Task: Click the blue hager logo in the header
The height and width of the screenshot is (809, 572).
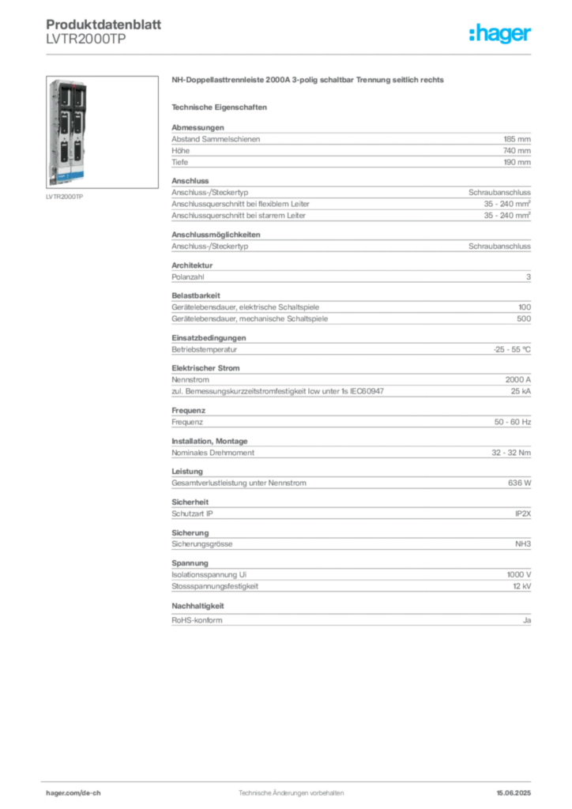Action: click(501, 34)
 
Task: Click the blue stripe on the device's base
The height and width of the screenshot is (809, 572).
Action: click(65, 172)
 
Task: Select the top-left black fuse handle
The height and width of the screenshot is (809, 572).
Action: click(58, 99)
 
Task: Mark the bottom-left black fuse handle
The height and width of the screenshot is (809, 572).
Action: click(58, 149)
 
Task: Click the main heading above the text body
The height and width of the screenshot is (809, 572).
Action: click(310, 81)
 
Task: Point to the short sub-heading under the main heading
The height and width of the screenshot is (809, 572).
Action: click(221, 106)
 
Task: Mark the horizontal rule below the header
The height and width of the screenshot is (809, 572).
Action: click(291, 54)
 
